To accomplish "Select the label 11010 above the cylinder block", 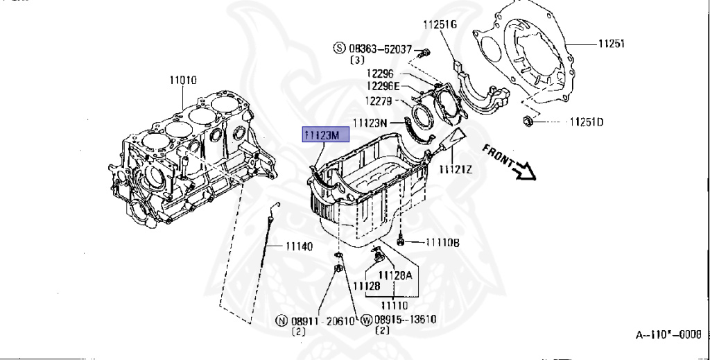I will coord(183,80).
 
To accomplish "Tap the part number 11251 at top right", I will coord(612,43).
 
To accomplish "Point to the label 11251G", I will coord(440,24).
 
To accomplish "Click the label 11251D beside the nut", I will coord(586,123).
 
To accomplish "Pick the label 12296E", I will coord(383,86).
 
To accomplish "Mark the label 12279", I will coord(380,101).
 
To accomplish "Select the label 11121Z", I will coord(456,169).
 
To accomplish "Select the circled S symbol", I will coord(339,49).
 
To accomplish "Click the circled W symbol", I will coord(367,320).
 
